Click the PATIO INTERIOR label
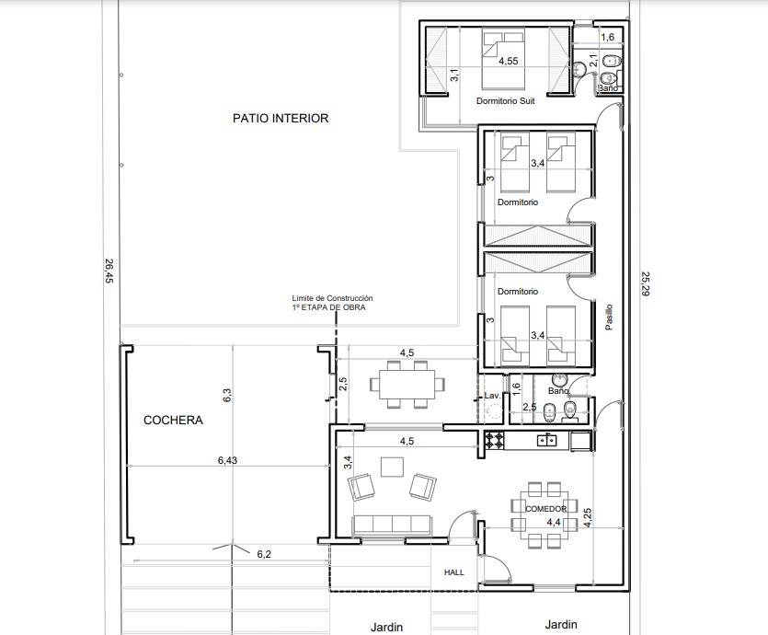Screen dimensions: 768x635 coord(281,118)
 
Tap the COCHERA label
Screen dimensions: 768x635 coord(173,420)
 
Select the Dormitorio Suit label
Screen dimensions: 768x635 coord(506,101)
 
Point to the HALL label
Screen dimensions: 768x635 coord(454,572)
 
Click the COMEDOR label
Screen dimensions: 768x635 coord(545,509)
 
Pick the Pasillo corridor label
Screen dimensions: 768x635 coord(608,317)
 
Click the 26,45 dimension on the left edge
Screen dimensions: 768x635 coord(109,271)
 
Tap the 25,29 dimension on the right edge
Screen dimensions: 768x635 coord(646,284)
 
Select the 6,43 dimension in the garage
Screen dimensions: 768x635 coord(227,460)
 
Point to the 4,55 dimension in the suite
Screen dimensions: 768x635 coord(509,62)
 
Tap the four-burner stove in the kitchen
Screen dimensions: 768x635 coord(494,440)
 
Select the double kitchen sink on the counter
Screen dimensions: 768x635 coord(546,440)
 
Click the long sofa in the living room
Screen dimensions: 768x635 coord(392,525)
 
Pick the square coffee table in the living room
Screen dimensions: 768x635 coord(393,467)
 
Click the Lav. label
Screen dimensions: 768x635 coord(492,396)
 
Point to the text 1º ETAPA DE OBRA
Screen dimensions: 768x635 coord(328,307)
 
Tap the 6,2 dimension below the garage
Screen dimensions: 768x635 coord(264,554)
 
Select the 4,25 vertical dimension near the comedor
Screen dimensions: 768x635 coord(588,517)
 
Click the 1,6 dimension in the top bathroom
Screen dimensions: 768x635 coord(607,37)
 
